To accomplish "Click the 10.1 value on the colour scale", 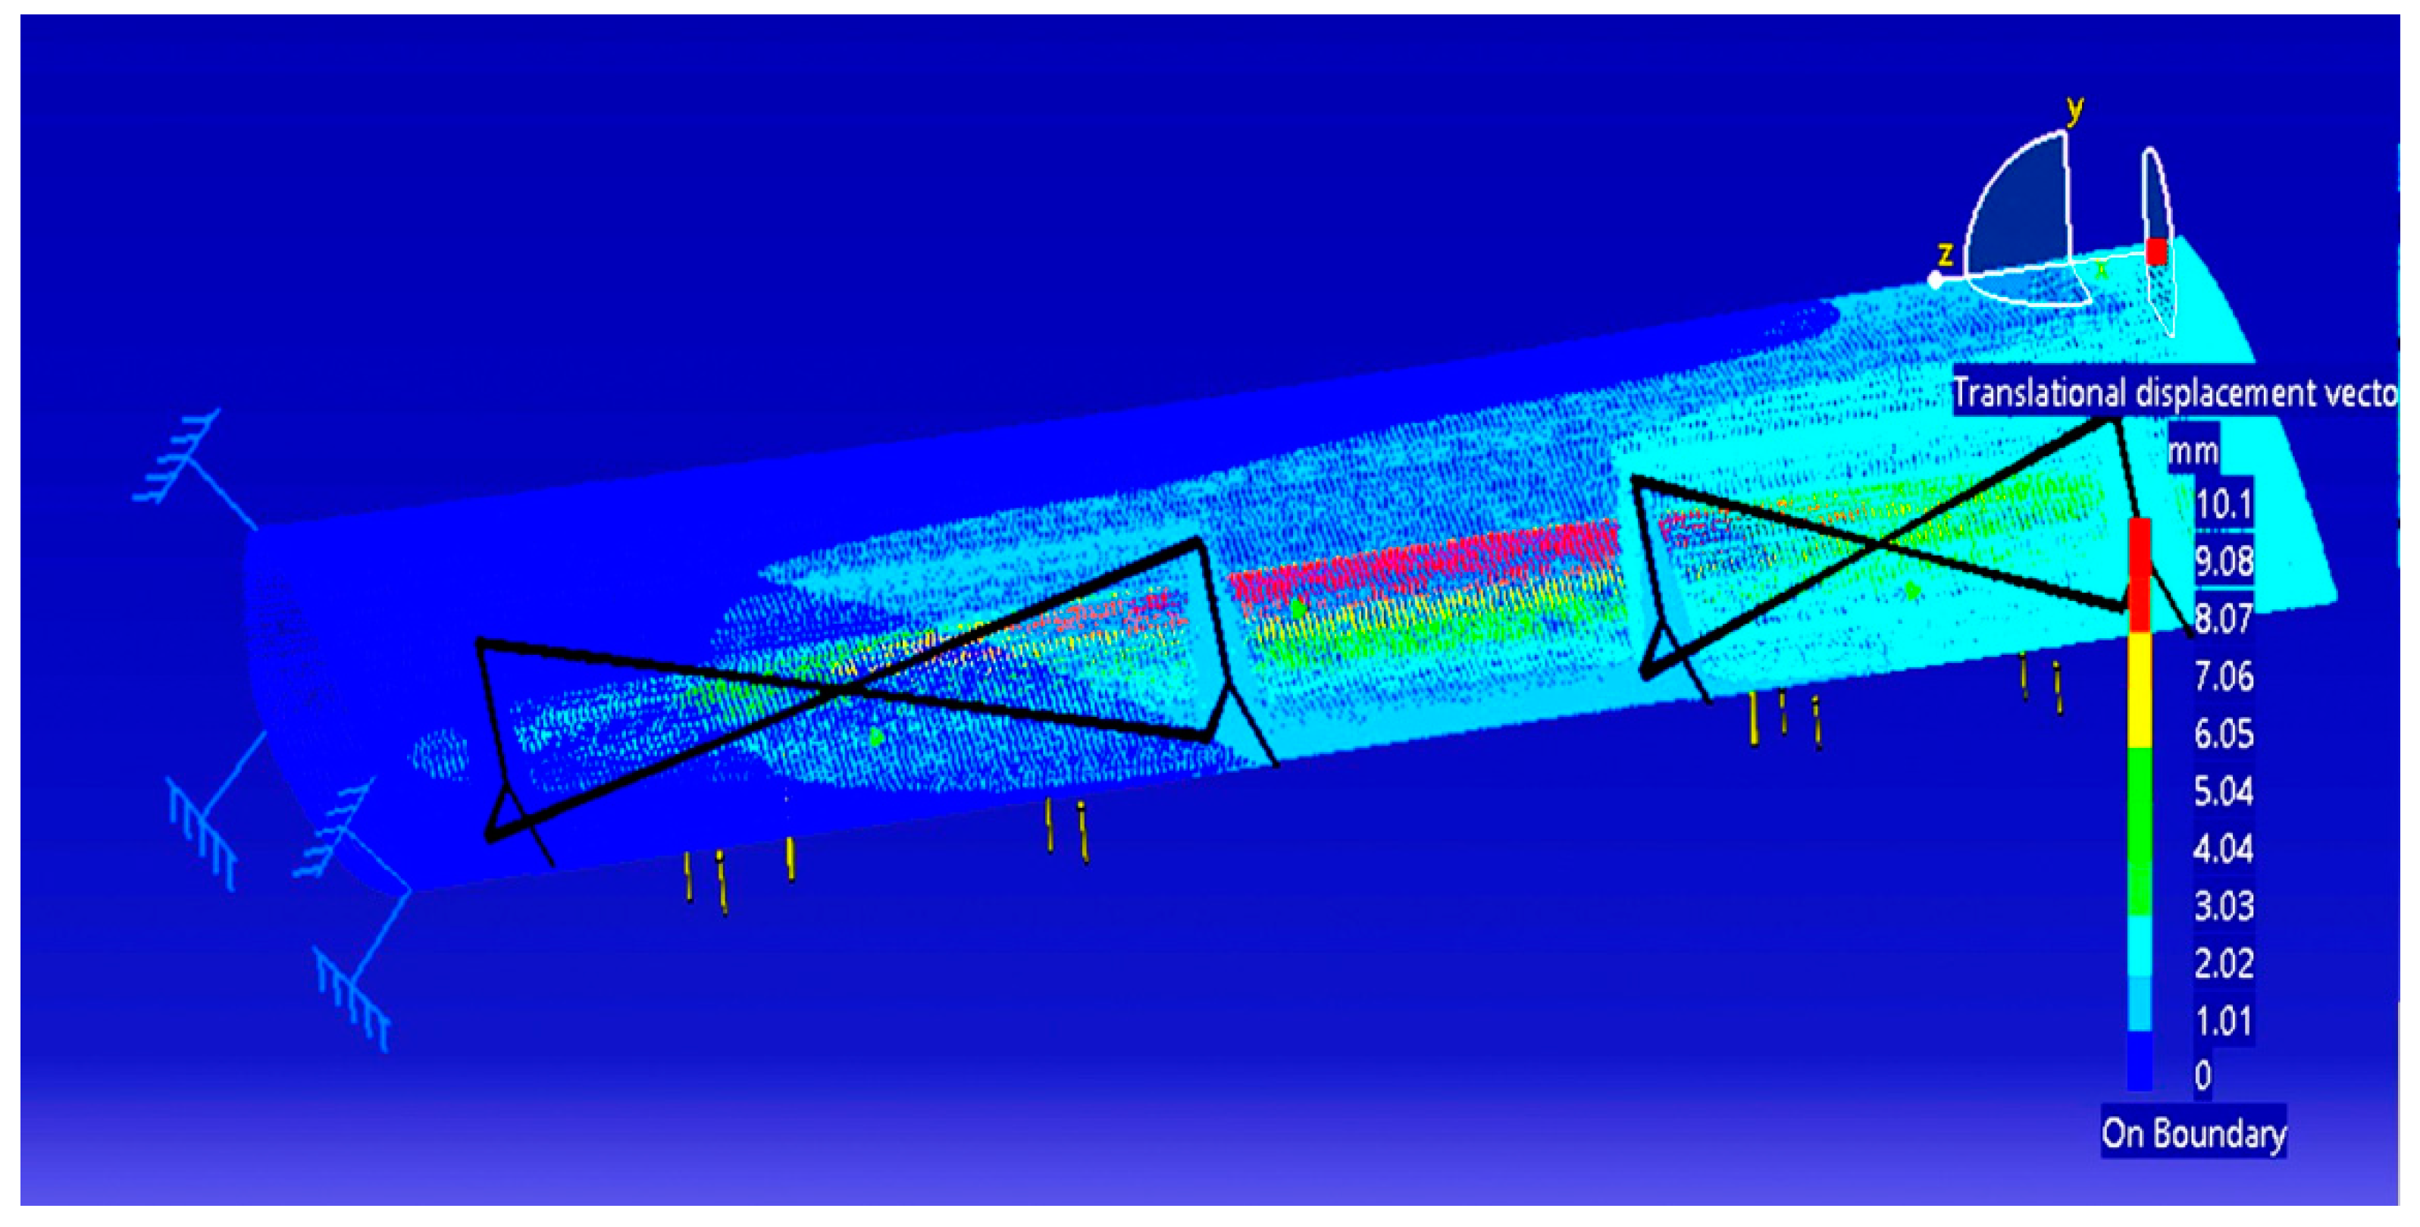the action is tap(2224, 505).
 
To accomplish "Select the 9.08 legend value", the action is tap(2224, 562).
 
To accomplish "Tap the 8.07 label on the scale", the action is tap(2224, 619).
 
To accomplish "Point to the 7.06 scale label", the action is tap(2224, 677).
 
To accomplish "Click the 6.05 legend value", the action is tap(2224, 734).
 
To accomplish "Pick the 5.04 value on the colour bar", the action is tap(2224, 791).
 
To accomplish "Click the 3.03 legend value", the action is tap(2224, 906).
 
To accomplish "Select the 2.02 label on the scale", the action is tap(2224, 964).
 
